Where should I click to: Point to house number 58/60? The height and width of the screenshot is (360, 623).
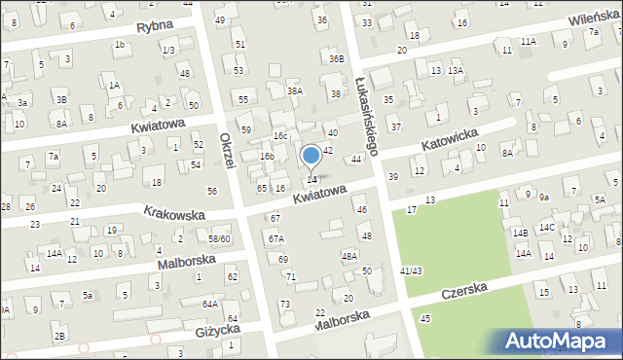pos(219,238)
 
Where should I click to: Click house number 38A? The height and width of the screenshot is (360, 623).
pos(295,90)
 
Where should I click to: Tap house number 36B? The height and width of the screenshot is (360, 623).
pos(336,58)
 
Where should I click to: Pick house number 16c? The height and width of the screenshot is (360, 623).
pos(280,135)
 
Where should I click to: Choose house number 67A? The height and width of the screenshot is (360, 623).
pos(276,238)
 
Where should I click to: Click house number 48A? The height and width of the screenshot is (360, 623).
pos(349,256)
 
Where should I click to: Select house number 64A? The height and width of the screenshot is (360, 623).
pos(209,304)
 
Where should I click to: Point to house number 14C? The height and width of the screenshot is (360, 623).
pos(548,228)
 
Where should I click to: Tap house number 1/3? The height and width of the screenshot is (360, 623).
pos(168,50)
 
